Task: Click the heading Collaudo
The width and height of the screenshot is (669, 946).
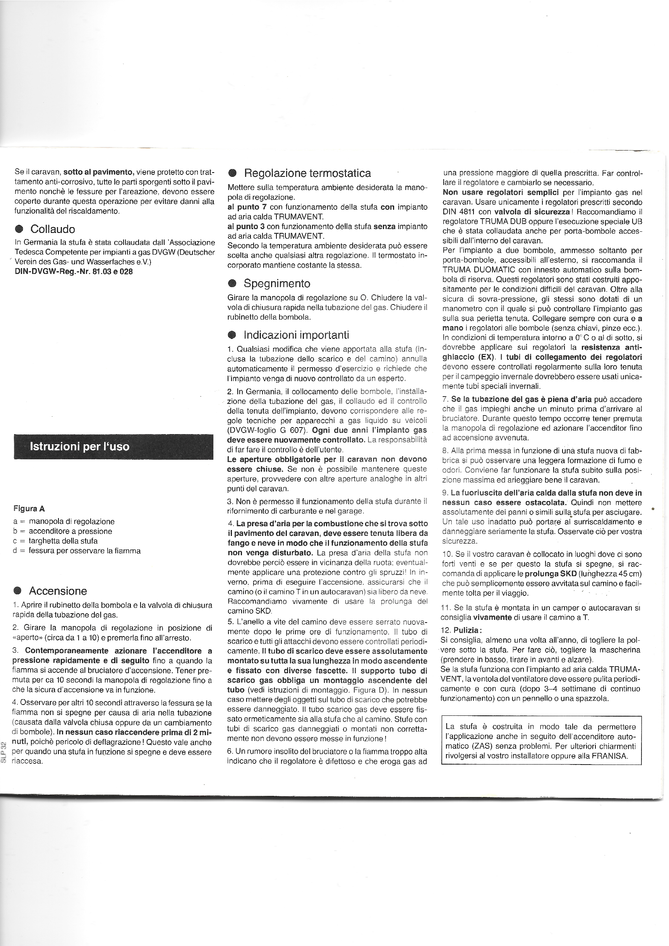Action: (52, 229)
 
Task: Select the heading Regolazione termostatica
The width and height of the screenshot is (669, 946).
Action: (307, 173)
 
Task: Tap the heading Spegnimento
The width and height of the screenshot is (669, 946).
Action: (277, 284)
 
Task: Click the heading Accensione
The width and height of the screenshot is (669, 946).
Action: (58, 591)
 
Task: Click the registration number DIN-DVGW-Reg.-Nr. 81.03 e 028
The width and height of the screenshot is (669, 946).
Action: (74, 272)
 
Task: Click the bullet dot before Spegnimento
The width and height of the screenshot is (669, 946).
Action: (232, 284)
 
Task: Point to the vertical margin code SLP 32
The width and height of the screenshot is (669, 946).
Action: (4, 752)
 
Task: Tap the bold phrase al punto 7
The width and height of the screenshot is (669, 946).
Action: (247, 207)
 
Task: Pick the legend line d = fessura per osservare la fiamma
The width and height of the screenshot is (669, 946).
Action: (77, 551)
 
